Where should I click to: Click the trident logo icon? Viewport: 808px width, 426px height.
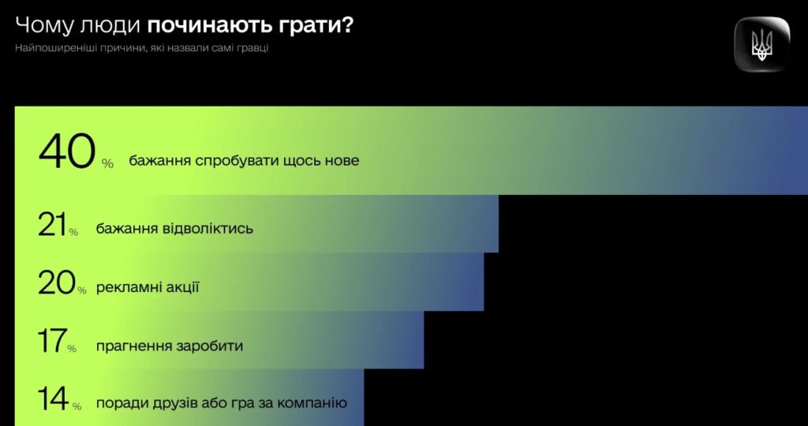(x=761, y=44)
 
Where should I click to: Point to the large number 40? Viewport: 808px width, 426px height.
(x=68, y=151)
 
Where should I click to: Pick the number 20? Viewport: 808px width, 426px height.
(x=57, y=283)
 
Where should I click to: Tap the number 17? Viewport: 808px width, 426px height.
(x=51, y=341)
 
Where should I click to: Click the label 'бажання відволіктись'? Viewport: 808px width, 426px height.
(x=174, y=228)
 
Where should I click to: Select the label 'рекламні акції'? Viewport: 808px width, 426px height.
(x=148, y=287)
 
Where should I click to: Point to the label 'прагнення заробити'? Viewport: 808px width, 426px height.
(x=170, y=346)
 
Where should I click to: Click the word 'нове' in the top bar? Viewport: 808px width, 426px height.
(x=340, y=161)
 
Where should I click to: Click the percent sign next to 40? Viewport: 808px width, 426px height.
(x=107, y=164)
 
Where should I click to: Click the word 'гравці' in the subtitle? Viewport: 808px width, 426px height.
(x=255, y=49)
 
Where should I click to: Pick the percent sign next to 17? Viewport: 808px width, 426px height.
(x=72, y=349)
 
